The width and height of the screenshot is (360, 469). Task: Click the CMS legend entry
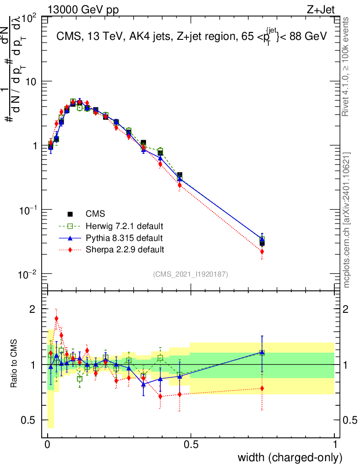coord(95,214)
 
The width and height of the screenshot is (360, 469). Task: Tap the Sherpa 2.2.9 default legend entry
coord(125,250)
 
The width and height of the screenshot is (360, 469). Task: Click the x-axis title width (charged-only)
coord(290,458)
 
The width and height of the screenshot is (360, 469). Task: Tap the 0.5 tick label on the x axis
coord(191,445)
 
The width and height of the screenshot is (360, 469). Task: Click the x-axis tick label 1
coord(335,445)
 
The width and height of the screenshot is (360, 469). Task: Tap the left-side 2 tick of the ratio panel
coord(33,309)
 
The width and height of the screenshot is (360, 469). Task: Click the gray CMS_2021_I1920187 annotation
coord(191,274)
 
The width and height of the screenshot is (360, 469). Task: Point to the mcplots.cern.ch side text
coord(347,220)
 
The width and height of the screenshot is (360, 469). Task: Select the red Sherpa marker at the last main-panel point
coord(262,251)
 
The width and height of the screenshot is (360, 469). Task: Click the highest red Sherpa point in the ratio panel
coord(56,318)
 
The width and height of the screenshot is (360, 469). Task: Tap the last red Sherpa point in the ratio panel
coord(262,388)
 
